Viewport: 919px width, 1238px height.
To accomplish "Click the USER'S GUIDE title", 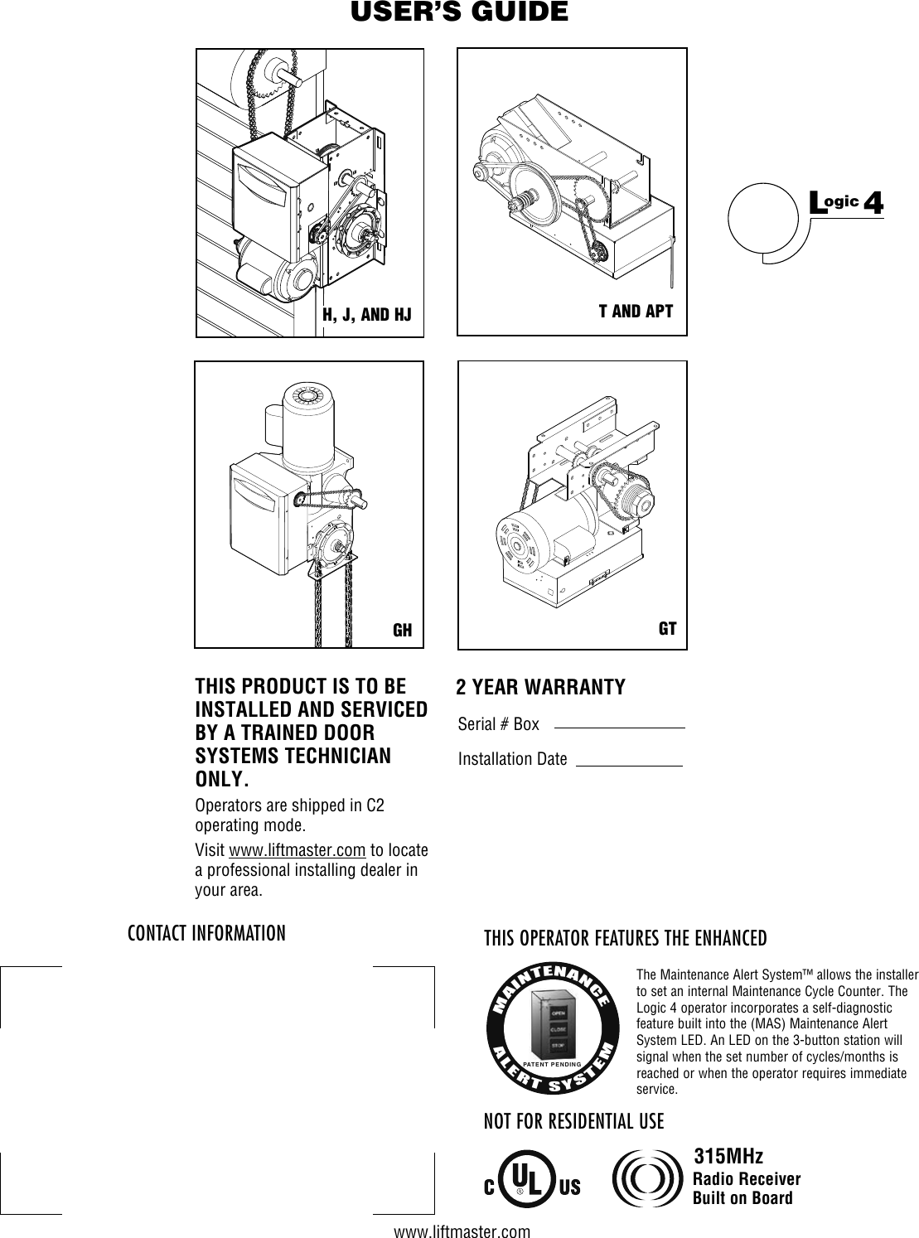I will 459,13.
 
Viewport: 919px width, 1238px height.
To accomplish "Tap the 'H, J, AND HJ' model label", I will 366,314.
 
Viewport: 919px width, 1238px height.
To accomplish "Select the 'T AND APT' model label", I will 636,312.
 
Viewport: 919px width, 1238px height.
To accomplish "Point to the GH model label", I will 402,630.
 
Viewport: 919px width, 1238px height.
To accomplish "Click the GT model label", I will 667,628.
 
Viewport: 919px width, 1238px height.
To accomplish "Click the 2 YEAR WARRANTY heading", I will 541,688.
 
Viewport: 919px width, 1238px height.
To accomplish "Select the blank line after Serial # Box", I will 619,727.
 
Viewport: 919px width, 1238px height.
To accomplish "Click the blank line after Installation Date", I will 628,764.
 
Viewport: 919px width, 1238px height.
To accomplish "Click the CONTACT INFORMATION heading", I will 206,934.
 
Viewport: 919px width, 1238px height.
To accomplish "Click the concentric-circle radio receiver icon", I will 648,1179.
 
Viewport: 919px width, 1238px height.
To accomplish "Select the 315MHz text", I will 728,1156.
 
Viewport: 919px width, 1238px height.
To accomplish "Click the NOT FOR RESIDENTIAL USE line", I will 573,1122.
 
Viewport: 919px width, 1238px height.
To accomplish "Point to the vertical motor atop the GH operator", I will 311,423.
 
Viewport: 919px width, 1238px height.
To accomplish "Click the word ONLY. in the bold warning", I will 220,781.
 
